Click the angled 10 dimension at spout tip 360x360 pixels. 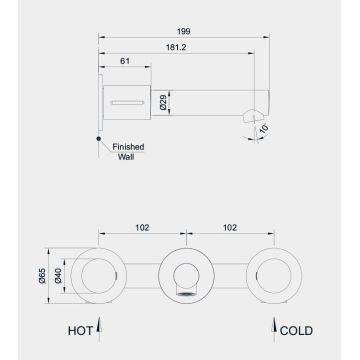(263, 128)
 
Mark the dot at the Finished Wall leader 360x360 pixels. (97, 138)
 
